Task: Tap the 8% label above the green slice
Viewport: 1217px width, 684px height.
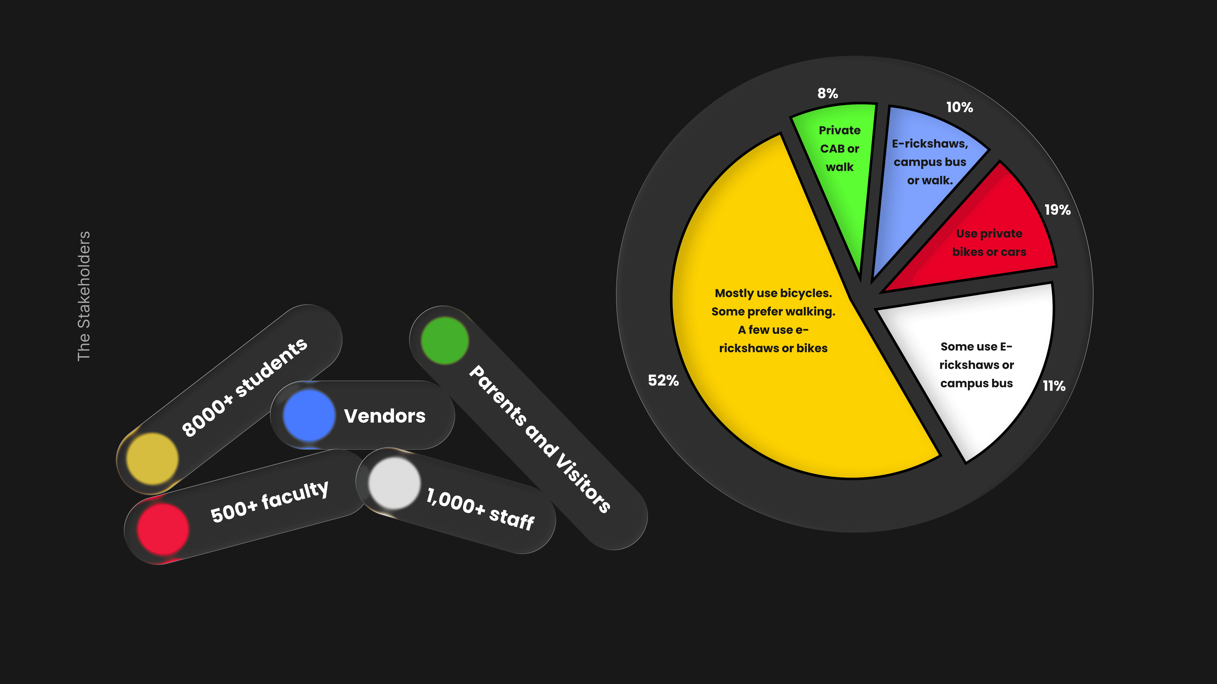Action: (x=828, y=93)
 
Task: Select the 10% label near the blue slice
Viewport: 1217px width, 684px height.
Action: (x=959, y=108)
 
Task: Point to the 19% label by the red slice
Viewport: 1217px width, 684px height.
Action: (x=1057, y=210)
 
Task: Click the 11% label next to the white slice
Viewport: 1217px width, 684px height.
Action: (x=1054, y=386)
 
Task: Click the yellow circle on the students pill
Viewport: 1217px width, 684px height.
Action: (x=152, y=458)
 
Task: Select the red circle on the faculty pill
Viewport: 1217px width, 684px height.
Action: (x=163, y=529)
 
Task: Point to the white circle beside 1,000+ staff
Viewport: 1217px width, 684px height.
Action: (x=394, y=483)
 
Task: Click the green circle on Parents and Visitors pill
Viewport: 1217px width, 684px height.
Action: (x=444, y=340)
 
